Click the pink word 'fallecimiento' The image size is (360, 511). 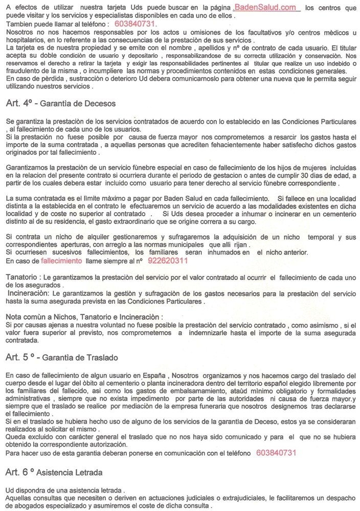(x=61, y=261)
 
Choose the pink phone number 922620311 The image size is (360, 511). (x=167, y=261)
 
